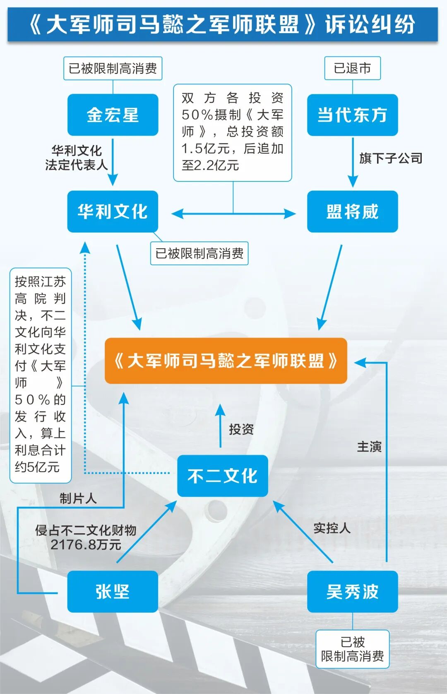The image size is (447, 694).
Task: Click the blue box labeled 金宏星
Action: tap(113, 115)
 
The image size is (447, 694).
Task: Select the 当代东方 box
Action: tap(352, 115)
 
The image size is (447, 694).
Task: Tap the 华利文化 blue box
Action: tap(113, 211)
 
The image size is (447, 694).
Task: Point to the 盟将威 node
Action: tap(352, 211)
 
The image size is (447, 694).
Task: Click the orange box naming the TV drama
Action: tap(226, 360)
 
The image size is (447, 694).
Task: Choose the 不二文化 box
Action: tap(222, 476)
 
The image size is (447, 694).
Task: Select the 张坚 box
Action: tap(113, 591)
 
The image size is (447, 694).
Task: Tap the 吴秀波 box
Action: tap(352, 591)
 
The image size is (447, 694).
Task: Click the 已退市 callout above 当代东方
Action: tap(352, 68)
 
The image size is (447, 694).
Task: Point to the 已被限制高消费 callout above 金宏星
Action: tap(113, 68)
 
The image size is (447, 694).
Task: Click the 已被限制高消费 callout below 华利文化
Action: tap(199, 253)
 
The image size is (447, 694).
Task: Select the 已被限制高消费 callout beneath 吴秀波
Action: tap(352, 649)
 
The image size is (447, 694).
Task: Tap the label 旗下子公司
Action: tap(391, 158)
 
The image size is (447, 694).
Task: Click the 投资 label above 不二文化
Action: tap(241, 429)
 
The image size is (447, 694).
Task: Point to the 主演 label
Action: tap(369, 447)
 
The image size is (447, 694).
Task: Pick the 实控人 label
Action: tap(332, 528)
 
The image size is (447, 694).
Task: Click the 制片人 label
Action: tap(78, 498)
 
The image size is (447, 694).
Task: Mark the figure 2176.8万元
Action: tap(86, 544)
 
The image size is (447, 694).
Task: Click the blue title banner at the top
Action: tap(223, 24)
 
